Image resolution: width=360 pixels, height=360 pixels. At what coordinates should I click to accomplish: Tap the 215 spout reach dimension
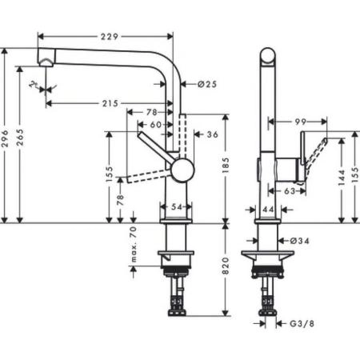(x=110, y=103)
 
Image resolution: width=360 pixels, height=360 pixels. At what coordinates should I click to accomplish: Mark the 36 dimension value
(x=212, y=134)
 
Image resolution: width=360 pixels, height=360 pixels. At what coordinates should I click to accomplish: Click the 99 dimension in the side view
(x=301, y=121)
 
